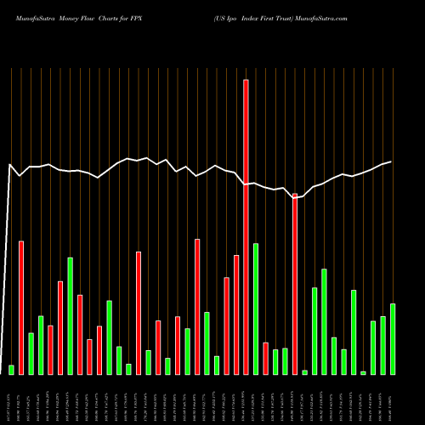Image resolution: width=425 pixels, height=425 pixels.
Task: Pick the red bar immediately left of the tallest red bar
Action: point(236,314)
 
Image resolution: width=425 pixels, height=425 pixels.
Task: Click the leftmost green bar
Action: point(12,369)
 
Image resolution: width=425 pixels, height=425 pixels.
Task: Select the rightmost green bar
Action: point(393,338)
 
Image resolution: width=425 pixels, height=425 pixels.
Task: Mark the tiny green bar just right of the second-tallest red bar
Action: point(305,371)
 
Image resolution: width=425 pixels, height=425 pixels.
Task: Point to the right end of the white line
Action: point(391,161)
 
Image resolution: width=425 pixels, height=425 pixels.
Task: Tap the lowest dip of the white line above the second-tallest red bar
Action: point(295,197)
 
